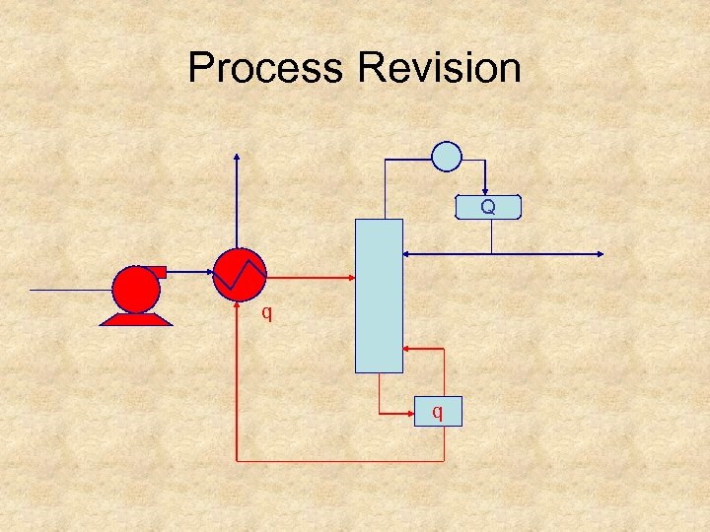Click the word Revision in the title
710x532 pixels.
click(x=440, y=68)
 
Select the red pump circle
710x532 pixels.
click(x=136, y=289)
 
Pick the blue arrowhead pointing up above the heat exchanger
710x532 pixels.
click(x=237, y=157)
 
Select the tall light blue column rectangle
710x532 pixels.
click(x=379, y=296)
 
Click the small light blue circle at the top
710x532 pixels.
click(x=447, y=156)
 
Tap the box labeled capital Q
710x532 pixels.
click(x=487, y=207)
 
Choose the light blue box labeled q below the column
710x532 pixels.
click(x=437, y=411)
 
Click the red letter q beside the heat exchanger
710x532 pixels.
click(x=266, y=314)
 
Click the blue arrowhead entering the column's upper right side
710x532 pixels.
click(x=408, y=254)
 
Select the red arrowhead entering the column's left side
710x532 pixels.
click(x=348, y=277)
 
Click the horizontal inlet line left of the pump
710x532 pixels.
click(x=69, y=290)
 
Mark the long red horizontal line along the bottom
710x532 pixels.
click(x=340, y=460)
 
